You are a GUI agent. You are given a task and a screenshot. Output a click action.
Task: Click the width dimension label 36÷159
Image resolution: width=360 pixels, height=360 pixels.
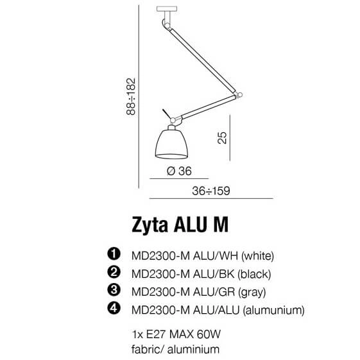coord(211,191)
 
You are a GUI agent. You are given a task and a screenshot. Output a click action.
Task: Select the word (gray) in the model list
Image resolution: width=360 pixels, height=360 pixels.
coord(251,292)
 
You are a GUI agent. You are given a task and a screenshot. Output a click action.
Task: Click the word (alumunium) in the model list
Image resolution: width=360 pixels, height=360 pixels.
coord(272,311)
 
